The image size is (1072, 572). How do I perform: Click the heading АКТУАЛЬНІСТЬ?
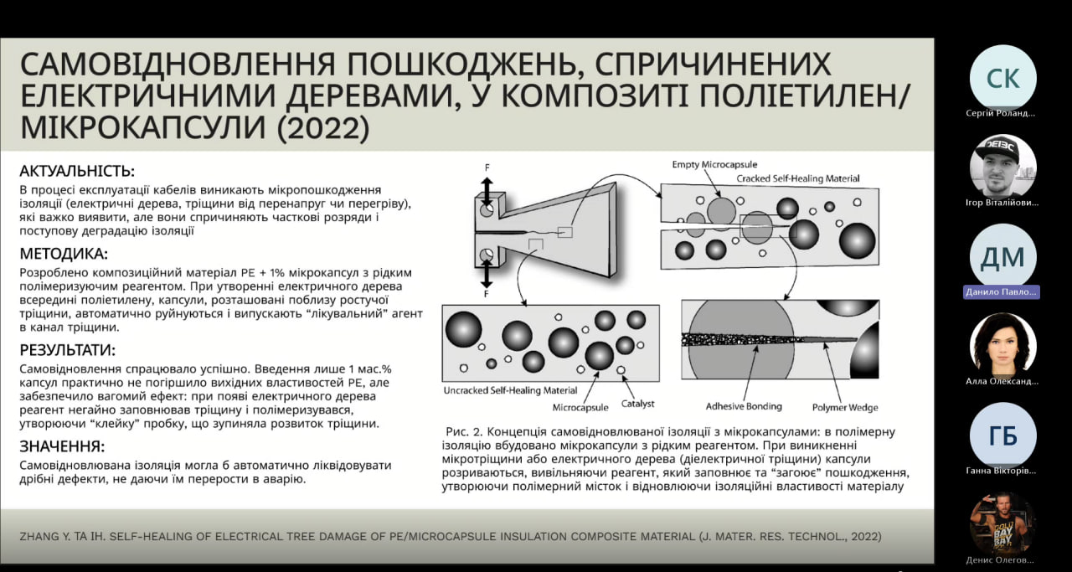77,171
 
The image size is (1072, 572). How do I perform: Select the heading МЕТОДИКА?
64,254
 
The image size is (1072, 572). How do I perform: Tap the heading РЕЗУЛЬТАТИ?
68,350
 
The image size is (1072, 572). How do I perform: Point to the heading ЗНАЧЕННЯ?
62,446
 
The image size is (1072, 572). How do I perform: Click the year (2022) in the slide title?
323,128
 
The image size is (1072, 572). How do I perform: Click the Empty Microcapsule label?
714,165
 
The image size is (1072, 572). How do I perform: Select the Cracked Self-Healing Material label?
798,178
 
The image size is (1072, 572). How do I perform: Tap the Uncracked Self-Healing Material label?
510,390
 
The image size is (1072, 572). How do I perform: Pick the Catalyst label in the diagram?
637,404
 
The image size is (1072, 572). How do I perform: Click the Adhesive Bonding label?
744,406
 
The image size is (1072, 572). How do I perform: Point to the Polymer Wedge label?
845,408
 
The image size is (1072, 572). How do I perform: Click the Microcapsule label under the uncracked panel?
580,408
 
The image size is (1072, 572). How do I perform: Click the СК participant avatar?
1003,78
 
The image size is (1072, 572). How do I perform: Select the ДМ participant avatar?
1003,257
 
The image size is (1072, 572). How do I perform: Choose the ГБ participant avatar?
1003,435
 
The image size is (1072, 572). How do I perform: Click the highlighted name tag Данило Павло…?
1001,292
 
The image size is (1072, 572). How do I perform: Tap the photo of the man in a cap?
1003,167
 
